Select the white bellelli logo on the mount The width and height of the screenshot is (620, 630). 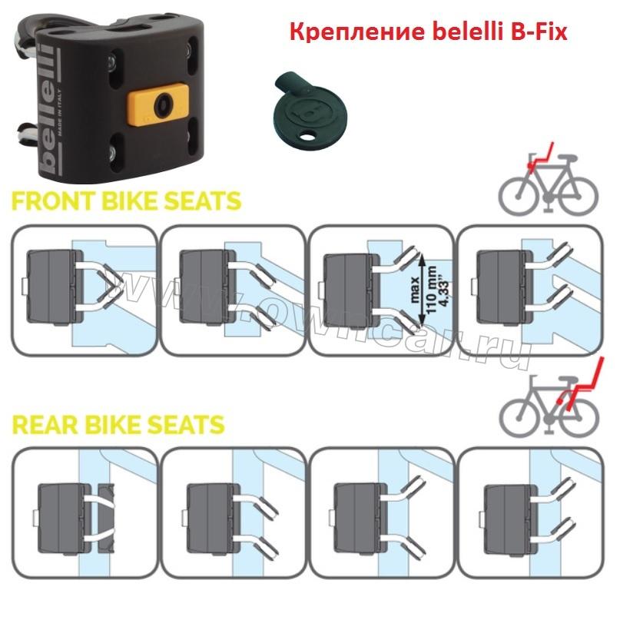click(48, 108)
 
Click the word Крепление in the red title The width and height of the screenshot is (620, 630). click(356, 31)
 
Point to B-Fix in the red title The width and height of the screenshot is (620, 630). click(539, 31)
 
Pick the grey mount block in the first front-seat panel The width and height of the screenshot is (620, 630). click(55, 286)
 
